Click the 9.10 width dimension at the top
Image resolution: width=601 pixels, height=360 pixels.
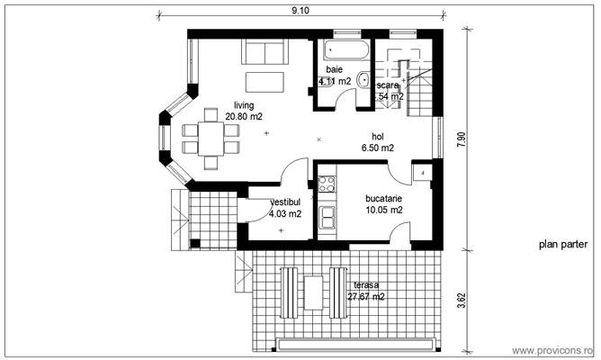pos(300,11)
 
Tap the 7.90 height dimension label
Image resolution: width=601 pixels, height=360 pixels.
pos(462,139)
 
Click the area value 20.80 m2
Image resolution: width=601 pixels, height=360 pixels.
pos(244,116)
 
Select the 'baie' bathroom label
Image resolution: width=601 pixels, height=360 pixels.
pos(335,68)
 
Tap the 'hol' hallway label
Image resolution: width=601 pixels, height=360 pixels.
pos(365,136)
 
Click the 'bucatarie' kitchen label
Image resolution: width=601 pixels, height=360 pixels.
pos(383,198)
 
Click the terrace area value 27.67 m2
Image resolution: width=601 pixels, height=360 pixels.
pos(366,296)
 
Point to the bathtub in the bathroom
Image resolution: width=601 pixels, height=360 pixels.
pos(345,47)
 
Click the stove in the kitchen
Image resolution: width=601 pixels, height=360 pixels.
pos(326,185)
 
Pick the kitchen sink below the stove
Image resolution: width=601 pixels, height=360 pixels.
pos(326,217)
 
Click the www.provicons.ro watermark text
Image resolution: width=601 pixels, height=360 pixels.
pos(552,350)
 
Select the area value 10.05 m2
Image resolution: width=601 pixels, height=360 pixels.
pos(383,210)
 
